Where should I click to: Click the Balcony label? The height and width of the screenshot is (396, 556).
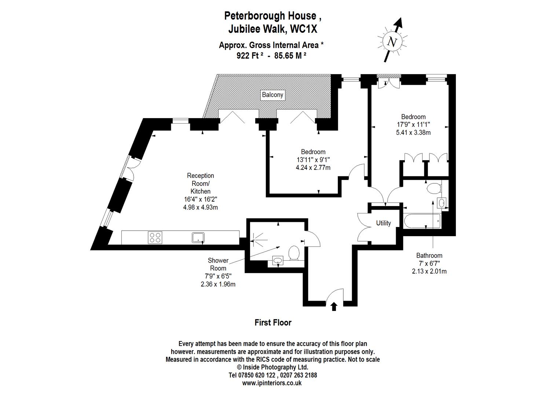pos(272,95)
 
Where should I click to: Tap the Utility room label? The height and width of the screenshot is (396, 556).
pos(383,223)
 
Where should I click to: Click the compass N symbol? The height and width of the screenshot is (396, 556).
pos(392,42)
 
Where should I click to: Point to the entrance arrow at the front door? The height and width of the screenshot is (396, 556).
pos(334,306)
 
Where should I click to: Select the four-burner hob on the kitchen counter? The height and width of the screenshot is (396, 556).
pos(155,238)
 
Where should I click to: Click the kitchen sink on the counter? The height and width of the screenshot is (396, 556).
pos(198,238)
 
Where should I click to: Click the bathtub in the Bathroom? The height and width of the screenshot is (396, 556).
pos(422,221)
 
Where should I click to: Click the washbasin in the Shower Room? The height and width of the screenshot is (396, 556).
pos(278,261)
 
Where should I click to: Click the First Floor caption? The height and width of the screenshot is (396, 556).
pos(273,323)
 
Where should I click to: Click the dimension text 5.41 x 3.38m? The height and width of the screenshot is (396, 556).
pos(413,133)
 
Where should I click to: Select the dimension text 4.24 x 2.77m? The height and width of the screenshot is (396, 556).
pos(313,168)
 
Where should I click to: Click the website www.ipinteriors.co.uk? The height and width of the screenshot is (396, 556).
pos(272,383)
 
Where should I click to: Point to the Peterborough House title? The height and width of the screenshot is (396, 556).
pos(273,16)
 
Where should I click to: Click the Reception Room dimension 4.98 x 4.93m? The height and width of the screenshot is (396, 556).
pos(200,207)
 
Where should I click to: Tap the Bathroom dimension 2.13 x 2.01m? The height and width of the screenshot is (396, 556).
pos(429,271)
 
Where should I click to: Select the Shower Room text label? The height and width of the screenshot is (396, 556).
pos(218,264)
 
